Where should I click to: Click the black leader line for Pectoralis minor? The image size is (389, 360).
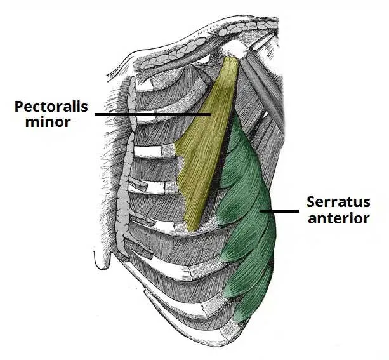pos(152,114)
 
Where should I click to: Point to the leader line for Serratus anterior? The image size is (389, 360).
pos(282,211)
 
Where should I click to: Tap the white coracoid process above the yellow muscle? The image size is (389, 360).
pos(236,48)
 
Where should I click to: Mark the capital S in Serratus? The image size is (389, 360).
pos(311,203)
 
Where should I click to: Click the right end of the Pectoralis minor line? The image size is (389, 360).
pos(211,114)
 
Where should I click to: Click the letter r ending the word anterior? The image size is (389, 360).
pos(367,220)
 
